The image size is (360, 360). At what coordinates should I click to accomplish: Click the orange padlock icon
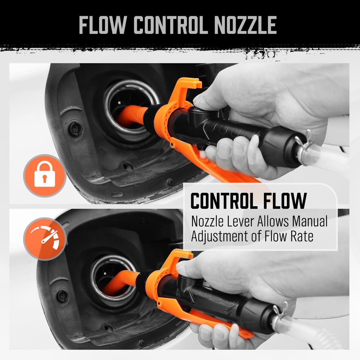click(45, 176)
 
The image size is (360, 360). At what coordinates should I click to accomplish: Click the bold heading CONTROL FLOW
click(248, 201)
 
